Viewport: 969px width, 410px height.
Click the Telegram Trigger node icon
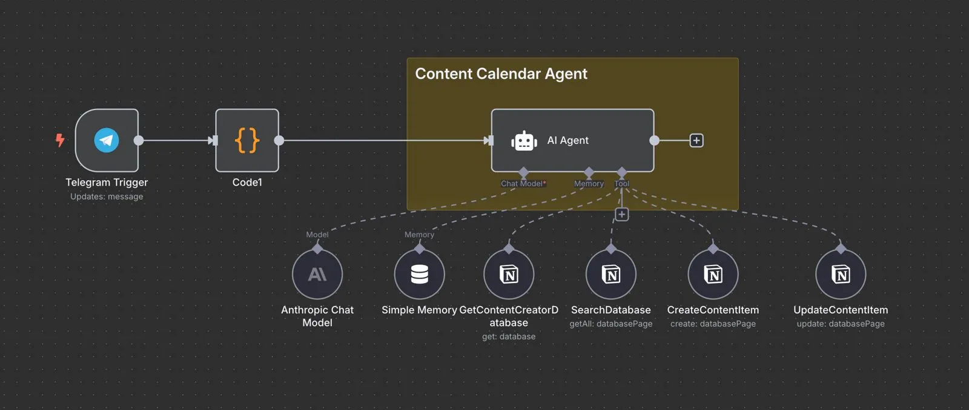point(107,140)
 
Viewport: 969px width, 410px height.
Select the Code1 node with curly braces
point(247,140)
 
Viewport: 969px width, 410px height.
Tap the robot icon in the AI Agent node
point(524,141)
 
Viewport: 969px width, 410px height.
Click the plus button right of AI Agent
point(696,140)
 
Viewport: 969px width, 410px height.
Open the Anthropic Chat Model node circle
point(317,275)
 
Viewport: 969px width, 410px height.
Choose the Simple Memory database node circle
point(419,275)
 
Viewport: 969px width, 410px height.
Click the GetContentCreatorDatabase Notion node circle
point(509,275)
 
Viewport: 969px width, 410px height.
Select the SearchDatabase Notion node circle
point(611,275)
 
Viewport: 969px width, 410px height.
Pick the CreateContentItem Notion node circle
point(713,275)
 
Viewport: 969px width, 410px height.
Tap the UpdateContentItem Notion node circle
point(841,275)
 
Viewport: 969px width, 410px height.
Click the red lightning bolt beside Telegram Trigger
point(60,140)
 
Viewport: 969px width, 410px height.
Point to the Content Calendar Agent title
point(501,74)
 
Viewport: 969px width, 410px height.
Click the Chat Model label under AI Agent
point(523,184)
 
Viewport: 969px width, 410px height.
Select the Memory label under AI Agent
point(589,184)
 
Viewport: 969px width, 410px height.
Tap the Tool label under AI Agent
point(622,184)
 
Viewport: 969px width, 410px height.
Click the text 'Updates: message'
point(107,197)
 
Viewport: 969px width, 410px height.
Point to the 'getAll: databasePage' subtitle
point(611,324)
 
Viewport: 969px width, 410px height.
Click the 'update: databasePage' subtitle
point(841,324)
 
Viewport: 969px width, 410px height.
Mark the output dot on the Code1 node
point(279,140)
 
